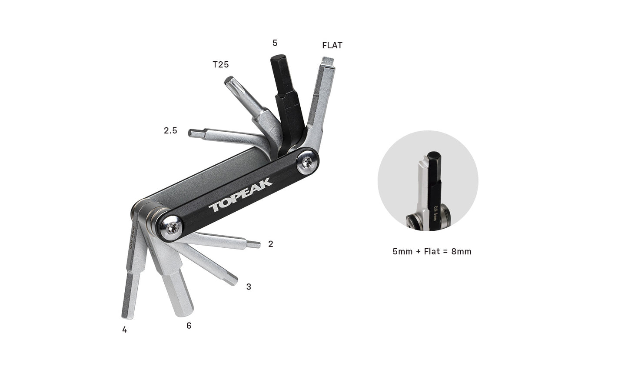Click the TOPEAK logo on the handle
pos(240,194)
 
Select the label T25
pos(221,65)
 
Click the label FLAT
pos(332,45)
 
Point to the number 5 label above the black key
pos(275,43)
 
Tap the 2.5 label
pos(170,130)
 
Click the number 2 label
pos(271,244)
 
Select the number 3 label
pos(249,287)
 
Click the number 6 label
pos(189,326)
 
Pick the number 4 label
pos(125,330)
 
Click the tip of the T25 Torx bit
pos(229,80)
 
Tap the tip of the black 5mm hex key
pos(277,59)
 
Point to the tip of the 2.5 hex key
pos(191,133)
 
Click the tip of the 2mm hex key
pos(258,244)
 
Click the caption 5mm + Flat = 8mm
pos(432,251)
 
